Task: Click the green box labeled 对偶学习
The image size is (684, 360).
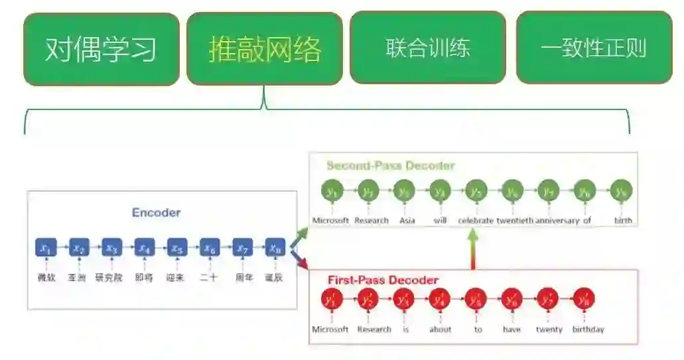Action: pyautogui.click(x=101, y=49)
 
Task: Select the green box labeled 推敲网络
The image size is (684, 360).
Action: pyautogui.click(x=265, y=49)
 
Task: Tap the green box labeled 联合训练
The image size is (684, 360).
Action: pyautogui.click(x=427, y=48)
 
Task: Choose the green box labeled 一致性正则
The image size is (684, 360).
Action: pyautogui.click(x=593, y=48)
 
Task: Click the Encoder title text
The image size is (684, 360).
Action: pyautogui.click(x=156, y=213)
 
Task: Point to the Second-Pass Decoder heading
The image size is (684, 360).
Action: pyautogui.click(x=390, y=166)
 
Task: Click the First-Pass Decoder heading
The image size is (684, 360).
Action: pyautogui.click(x=383, y=280)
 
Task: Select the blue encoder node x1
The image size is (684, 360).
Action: pyautogui.click(x=46, y=249)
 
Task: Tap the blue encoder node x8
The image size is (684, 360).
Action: pyautogui.click(x=275, y=249)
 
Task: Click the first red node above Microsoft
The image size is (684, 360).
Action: pyautogui.click(x=330, y=299)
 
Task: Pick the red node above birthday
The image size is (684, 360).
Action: pyautogui.click(x=583, y=299)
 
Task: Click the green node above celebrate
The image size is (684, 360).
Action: pyautogui.click(x=475, y=191)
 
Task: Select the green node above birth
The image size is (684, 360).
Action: pyautogui.click(x=621, y=191)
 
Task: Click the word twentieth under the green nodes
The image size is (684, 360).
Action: pyautogui.click(x=514, y=220)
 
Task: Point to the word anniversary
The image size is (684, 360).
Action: pyautogui.click(x=557, y=220)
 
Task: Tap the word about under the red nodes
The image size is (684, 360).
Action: pyautogui.click(x=440, y=330)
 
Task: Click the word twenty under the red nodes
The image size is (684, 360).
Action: pyautogui.click(x=549, y=330)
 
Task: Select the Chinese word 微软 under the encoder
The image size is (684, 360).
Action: pyautogui.click(x=46, y=278)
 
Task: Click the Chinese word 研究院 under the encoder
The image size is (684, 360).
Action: pyautogui.click(x=109, y=278)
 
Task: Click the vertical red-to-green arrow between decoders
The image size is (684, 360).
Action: pyautogui.click(x=473, y=250)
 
